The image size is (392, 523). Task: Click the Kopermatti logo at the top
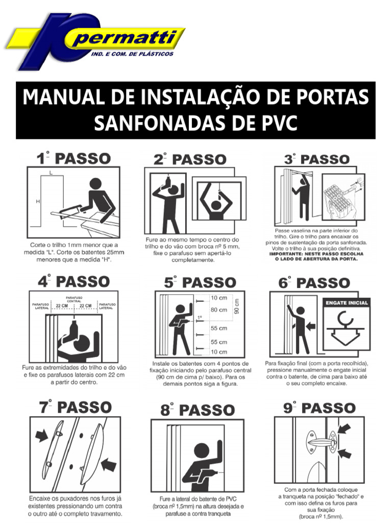(x=95, y=42)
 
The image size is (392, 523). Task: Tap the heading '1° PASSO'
(x=73, y=158)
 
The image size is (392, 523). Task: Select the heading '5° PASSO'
(x=200, y=282)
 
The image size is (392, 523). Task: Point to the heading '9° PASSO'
(x=320, y=408)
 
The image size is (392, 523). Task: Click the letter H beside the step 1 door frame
(x=38, y=201)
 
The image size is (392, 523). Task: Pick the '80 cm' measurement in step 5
(x=218, y=310)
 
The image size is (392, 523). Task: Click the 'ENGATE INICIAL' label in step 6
(x=347, y=303)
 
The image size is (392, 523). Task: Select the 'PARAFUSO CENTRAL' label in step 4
(x=74, y=299)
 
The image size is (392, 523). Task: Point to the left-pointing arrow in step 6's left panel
(x=311, y=325)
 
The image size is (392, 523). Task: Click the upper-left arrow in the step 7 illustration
(x=42, y=436)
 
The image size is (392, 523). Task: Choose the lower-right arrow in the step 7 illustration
(x=109, y=464)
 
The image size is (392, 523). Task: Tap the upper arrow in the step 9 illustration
(x=345, y=429)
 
